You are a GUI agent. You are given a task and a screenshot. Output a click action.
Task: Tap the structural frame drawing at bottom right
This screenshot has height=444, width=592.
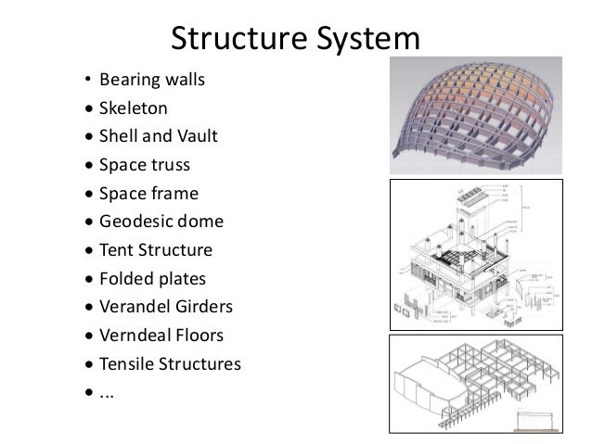tap(485, 384)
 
